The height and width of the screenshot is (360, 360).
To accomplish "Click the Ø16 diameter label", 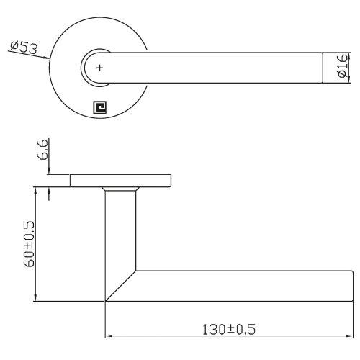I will point(343,68).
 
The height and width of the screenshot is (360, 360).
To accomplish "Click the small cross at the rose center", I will point(99,68).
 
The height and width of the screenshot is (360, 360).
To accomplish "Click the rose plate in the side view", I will point(121,180).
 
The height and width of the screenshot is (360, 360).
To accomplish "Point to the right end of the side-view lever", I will point(351,285).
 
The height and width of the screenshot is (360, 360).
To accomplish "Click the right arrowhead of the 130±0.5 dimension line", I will point(348,336).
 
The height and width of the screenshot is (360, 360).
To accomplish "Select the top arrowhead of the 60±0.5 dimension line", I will point(35,189).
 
